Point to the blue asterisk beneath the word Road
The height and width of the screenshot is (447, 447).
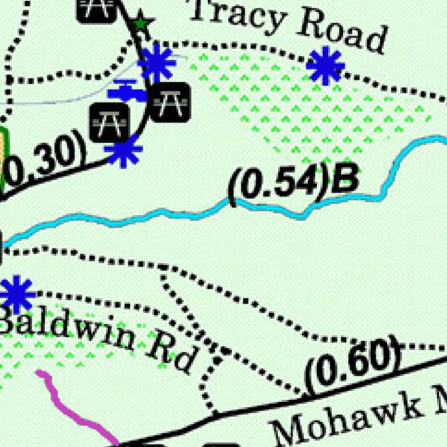pyautogui.click(x=325, y=66)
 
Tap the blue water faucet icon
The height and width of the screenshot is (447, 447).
pyautogui.click(x=126, y=91)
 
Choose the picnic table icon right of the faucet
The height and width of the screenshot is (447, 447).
pyautogui.click(x=170, y=102)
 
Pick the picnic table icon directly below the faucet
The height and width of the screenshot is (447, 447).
pyautogui.click(x=110, y=122)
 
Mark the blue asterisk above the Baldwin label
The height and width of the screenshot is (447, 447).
pyautogui.click(x=17, y=295)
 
